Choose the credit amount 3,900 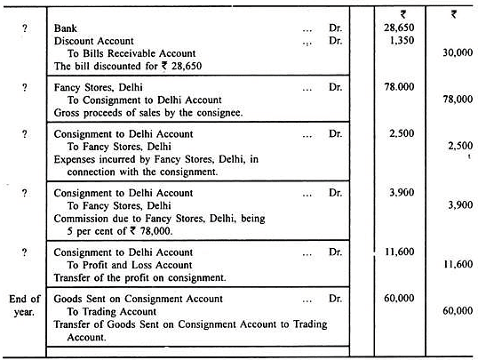coord(455,204)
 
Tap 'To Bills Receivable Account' coord(127,54)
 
